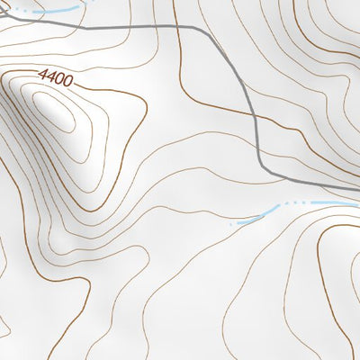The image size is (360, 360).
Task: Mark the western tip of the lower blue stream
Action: [x=231, y=223]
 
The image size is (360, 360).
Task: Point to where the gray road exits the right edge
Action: [x=358, y=188]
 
